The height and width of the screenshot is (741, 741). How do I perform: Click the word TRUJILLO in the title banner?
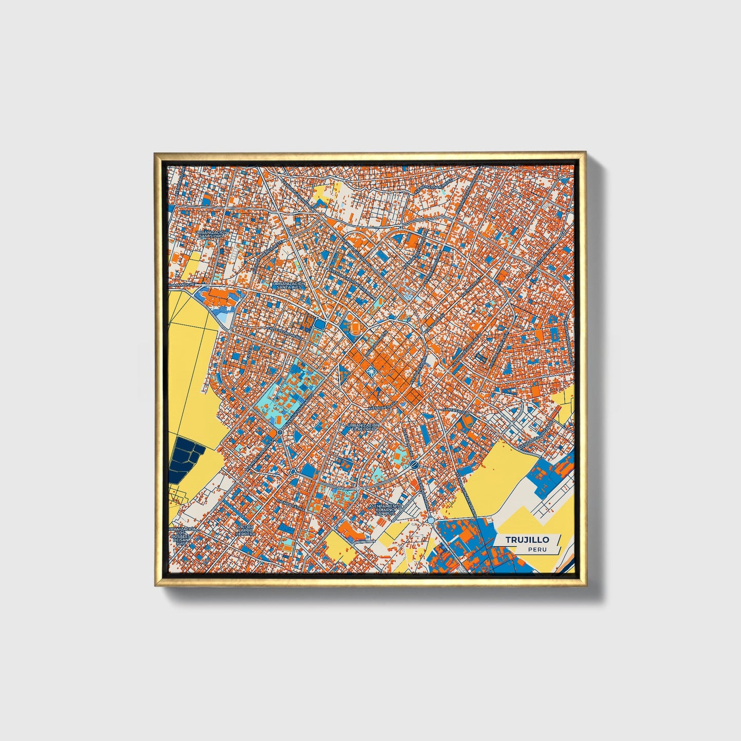click(527, 539)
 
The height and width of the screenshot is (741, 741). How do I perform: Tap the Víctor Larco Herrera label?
click(245, 530)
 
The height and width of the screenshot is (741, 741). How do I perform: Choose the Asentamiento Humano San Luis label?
click(386, 509)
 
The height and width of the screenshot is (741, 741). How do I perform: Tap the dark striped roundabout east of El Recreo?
click(414, 465)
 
